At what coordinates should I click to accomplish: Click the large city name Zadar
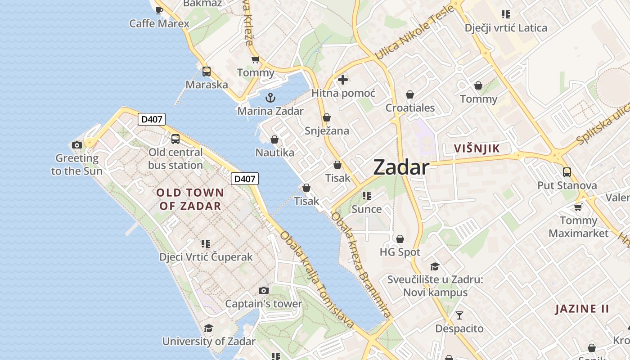tap(401, 167)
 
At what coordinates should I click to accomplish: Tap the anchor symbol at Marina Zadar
tap(270, 98)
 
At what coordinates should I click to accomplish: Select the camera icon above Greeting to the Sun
tap(77, 145)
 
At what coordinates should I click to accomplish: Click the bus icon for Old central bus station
tap(175, 139)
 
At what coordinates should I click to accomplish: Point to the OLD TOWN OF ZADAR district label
tap(190, 199)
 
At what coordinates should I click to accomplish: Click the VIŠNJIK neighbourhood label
tap(477, 148)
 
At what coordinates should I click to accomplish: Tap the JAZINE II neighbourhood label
tap(582, 309)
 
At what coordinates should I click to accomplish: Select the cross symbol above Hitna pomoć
tap(343, 80)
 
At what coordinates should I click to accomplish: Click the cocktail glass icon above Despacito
tap(459, 315)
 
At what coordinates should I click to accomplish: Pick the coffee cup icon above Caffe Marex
tap(159, 10)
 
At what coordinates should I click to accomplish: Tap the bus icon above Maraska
tap(207, 71)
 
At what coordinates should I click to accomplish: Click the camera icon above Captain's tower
tap(264, 291)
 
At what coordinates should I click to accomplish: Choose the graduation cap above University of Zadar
tap(208, 328)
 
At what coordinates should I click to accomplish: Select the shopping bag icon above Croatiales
tap(410, 94)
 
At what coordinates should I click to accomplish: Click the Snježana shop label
tap(327, 131)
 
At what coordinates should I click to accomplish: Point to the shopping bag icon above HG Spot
tap(400, 239)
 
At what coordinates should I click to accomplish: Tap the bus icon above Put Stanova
tap(567, 172)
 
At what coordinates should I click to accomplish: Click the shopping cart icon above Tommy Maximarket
tap(578, 207)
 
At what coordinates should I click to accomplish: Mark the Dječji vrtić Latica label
tap(506, 28)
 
